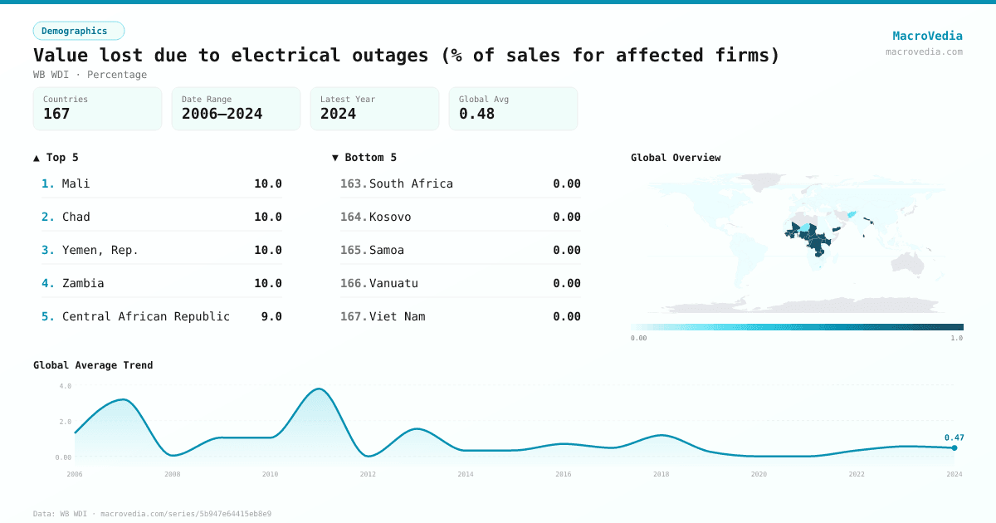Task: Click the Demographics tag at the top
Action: (78, 31)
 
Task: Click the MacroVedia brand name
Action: (927, 36)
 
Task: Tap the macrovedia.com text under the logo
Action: (924, 51)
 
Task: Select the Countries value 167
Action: (56, 114)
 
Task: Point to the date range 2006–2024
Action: (222, 114)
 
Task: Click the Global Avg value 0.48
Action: (476, 114)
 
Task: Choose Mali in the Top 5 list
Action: (76, 183)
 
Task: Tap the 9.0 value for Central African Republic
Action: (271, 316)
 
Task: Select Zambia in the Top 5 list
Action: (83, 283)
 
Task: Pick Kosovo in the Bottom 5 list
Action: (390, 217)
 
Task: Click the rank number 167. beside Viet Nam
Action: (353, 316)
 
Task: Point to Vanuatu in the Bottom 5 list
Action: (393, 283)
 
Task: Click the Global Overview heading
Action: (676, 158)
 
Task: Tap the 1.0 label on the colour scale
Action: (956, 338)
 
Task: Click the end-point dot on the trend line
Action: (954, 448)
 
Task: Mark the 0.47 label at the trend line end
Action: (954, 437)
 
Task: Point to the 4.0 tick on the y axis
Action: (66, 386)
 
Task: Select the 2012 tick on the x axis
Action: (368, 474)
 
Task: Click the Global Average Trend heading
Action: (93, 365)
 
